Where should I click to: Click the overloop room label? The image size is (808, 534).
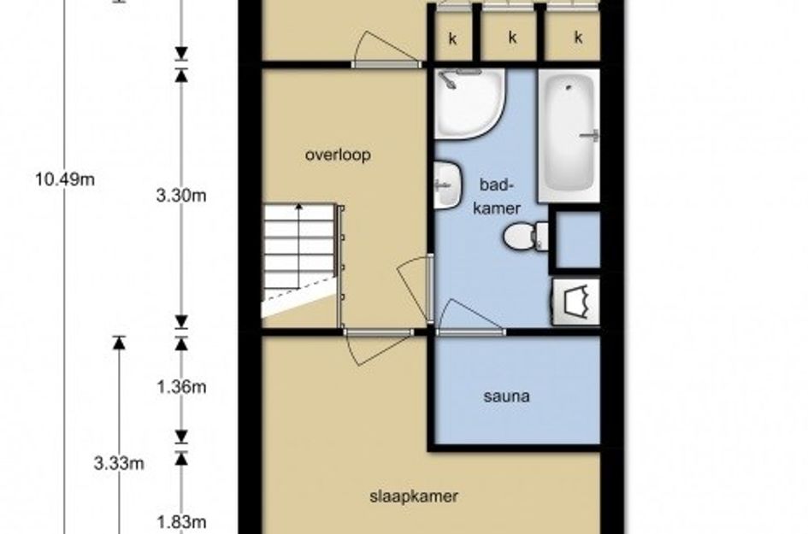pyautogui.click(x=338, y=155)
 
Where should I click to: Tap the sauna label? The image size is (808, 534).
pyautogui.click(x=506, y=396)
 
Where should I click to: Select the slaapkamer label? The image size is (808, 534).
pyautogui.click(x=414, y=496)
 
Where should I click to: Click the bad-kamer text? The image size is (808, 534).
pyautogui.click(x=497, y=197)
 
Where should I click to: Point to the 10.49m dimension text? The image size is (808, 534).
pyautogui.click(x=65, y=179)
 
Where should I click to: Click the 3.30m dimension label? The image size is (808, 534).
pyautogui.click(x=181, y=196)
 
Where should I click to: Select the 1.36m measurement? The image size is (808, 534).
pyautogui.click(x=181, y=387)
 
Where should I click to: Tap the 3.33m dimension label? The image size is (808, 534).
pyautogui.click(x=119, y=463)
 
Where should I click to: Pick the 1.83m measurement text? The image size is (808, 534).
pyautogui.click(x=181, y=522)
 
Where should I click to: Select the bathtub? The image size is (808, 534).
pyautogui.click(x=569, y=136)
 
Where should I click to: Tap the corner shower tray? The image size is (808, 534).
pyautogui.click(x=469, y=104)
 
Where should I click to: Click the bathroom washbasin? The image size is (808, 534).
pyautogui.click(x=446, y=185)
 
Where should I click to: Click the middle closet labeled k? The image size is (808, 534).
pyautogui.click(x=511, y=37)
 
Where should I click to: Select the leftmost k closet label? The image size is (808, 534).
pyautogui.click(x=453, y=38)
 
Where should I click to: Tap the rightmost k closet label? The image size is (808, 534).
pyautogui.click(x=578, y=37)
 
